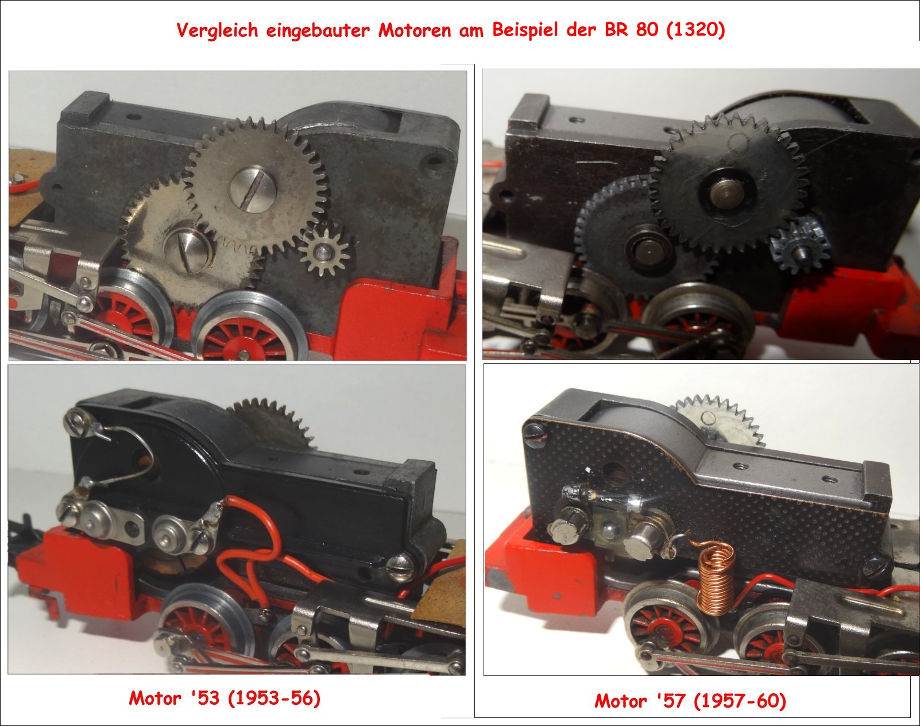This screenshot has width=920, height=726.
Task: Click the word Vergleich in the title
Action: click(x=218, y=31)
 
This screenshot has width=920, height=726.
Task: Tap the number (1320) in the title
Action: click(x=695, y=29)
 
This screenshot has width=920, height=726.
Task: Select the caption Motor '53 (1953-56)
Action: click(x=225, y=698)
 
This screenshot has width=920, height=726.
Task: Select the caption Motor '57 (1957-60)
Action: click(x=690, y=701)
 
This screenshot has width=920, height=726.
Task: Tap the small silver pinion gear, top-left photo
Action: click(x=324, y=252)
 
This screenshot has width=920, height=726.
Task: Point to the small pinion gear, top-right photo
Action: click(x=801, y=245)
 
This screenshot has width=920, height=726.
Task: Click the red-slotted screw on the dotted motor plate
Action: click(x=536, y=435)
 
